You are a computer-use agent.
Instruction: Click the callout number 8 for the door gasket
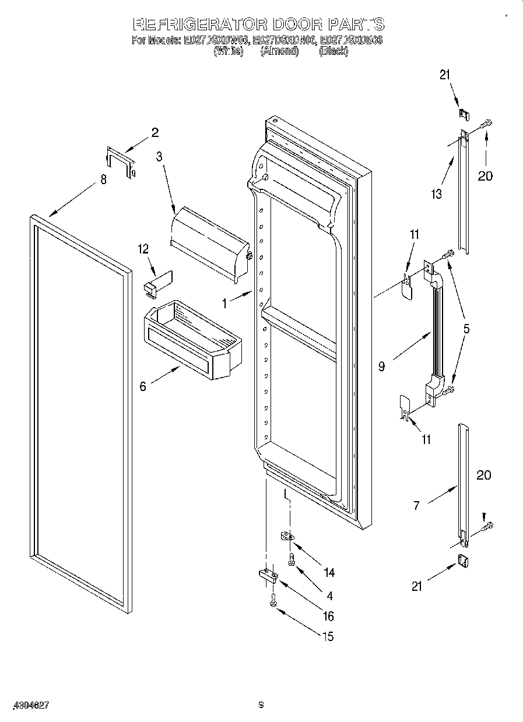click(x=103, y=180)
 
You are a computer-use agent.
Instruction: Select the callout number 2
click(x=155, y=132)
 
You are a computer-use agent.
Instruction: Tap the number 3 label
click(x=159, y=156)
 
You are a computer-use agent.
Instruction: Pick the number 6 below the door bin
click(x=143, y=386)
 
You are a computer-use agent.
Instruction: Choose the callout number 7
click(x=416, y=506)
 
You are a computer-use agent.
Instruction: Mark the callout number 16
click(x=328, y=616)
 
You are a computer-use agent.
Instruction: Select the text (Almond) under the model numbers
click(x=279, y=51)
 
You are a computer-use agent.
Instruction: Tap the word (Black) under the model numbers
click(x=334, y=51)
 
